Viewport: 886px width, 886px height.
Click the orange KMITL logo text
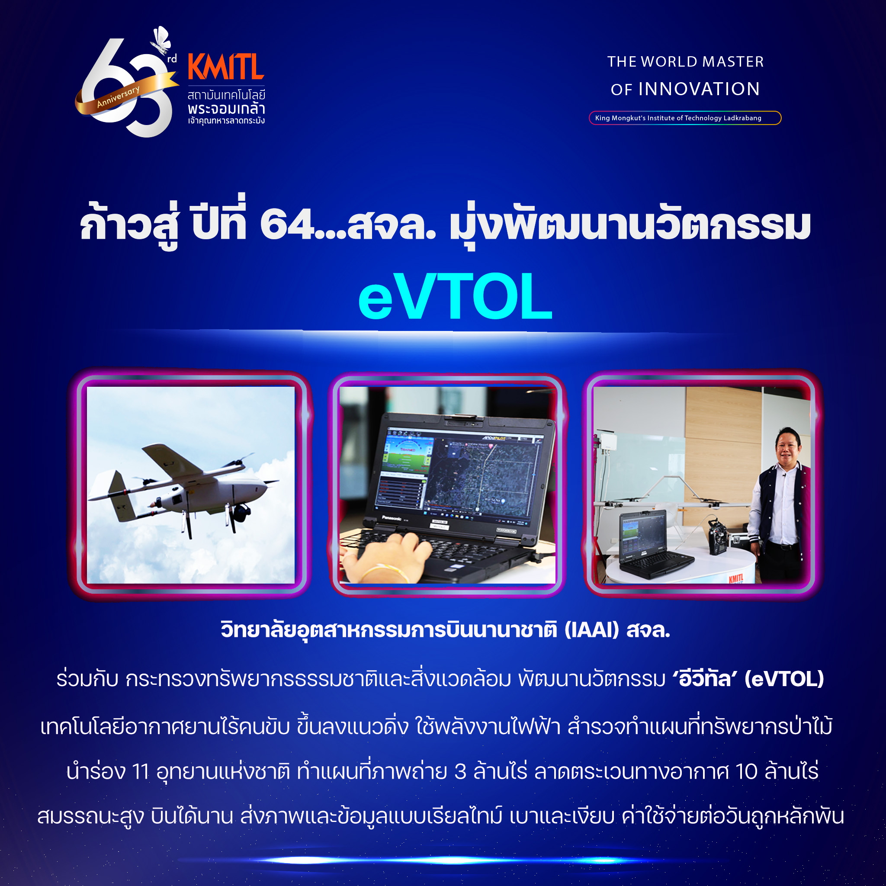coord(226,67)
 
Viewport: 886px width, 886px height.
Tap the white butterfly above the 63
coord(161,40)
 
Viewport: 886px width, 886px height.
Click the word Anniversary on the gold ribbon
coord(118,96)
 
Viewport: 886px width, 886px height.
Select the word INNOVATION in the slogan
coord(700,89)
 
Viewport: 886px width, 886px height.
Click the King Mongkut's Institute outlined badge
coord(685,118)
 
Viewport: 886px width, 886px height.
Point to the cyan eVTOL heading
coord(456,296)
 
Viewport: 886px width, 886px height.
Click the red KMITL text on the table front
coord(736,578)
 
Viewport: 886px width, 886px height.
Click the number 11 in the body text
coord(141,771)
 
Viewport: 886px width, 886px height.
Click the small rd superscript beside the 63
coord(172,59)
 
